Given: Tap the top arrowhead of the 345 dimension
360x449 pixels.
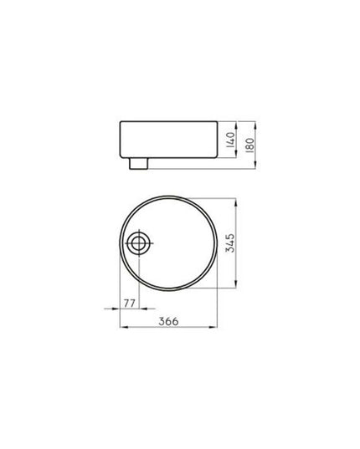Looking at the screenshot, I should pyautogui.click(x=244, y=202).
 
